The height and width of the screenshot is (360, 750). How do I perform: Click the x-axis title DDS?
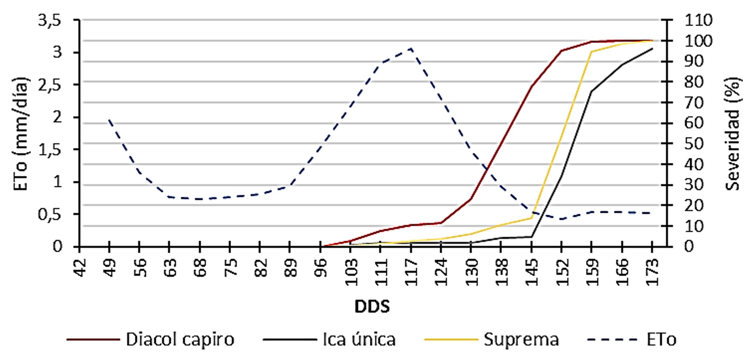[x=372, y=306]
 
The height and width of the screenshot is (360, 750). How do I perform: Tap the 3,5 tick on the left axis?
[x=50, y=20]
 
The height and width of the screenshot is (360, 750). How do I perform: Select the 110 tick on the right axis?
[x=698, y=20]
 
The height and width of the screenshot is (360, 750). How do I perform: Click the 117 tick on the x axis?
[x=411, y=272]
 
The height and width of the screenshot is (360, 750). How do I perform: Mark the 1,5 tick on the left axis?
[x=50, y=149]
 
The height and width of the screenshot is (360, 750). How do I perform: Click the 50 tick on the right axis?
[x=694, y=144]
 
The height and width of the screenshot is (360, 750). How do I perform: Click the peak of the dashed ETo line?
[x=411, y=48]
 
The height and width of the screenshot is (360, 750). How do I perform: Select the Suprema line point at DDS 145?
[x=531, y=218]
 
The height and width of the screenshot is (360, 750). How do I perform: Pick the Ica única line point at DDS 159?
[x=591, y=92]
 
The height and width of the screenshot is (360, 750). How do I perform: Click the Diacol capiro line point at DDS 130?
[x=471, y=198]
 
